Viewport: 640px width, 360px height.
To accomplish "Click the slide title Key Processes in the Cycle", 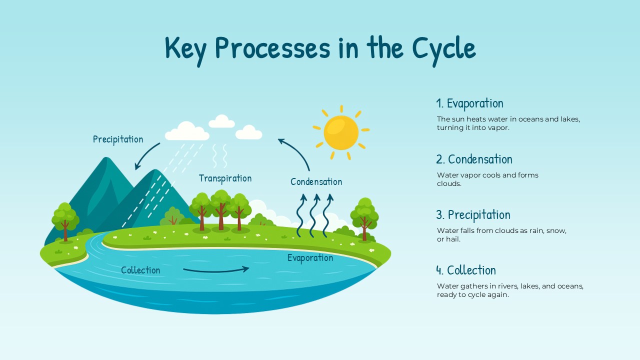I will click(x=320, y=48).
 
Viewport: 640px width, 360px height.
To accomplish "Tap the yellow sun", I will click(x=341, y=132).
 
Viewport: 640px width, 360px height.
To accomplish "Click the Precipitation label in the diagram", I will click(x=118, y=139).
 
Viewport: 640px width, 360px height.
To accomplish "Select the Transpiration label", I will click(x=225, y=178).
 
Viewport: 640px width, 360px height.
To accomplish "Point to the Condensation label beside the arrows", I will click(x=316, y=182).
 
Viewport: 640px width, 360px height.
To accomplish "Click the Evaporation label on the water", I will click(x=310, y=258).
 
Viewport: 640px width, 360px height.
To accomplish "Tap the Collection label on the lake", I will click(x=140, y=270).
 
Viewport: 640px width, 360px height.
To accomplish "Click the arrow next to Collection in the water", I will click(x=216, y=270).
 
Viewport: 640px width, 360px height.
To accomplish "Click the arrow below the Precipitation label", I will click(x=146, y=156).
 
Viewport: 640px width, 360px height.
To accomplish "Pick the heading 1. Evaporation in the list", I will click(x=469, y=103).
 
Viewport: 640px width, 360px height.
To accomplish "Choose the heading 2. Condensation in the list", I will click(x=474, y=159).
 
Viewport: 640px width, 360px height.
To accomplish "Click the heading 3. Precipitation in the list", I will click(x=473, y=215).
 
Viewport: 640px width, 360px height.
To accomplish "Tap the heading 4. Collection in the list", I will click(x=466, y=270).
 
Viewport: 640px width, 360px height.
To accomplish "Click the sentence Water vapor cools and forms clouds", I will click(x=487, y=179).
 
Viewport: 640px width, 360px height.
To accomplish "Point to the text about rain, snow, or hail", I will click(x=501, y=235).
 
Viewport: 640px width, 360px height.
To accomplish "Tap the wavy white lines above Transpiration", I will click(x=220, y=156).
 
